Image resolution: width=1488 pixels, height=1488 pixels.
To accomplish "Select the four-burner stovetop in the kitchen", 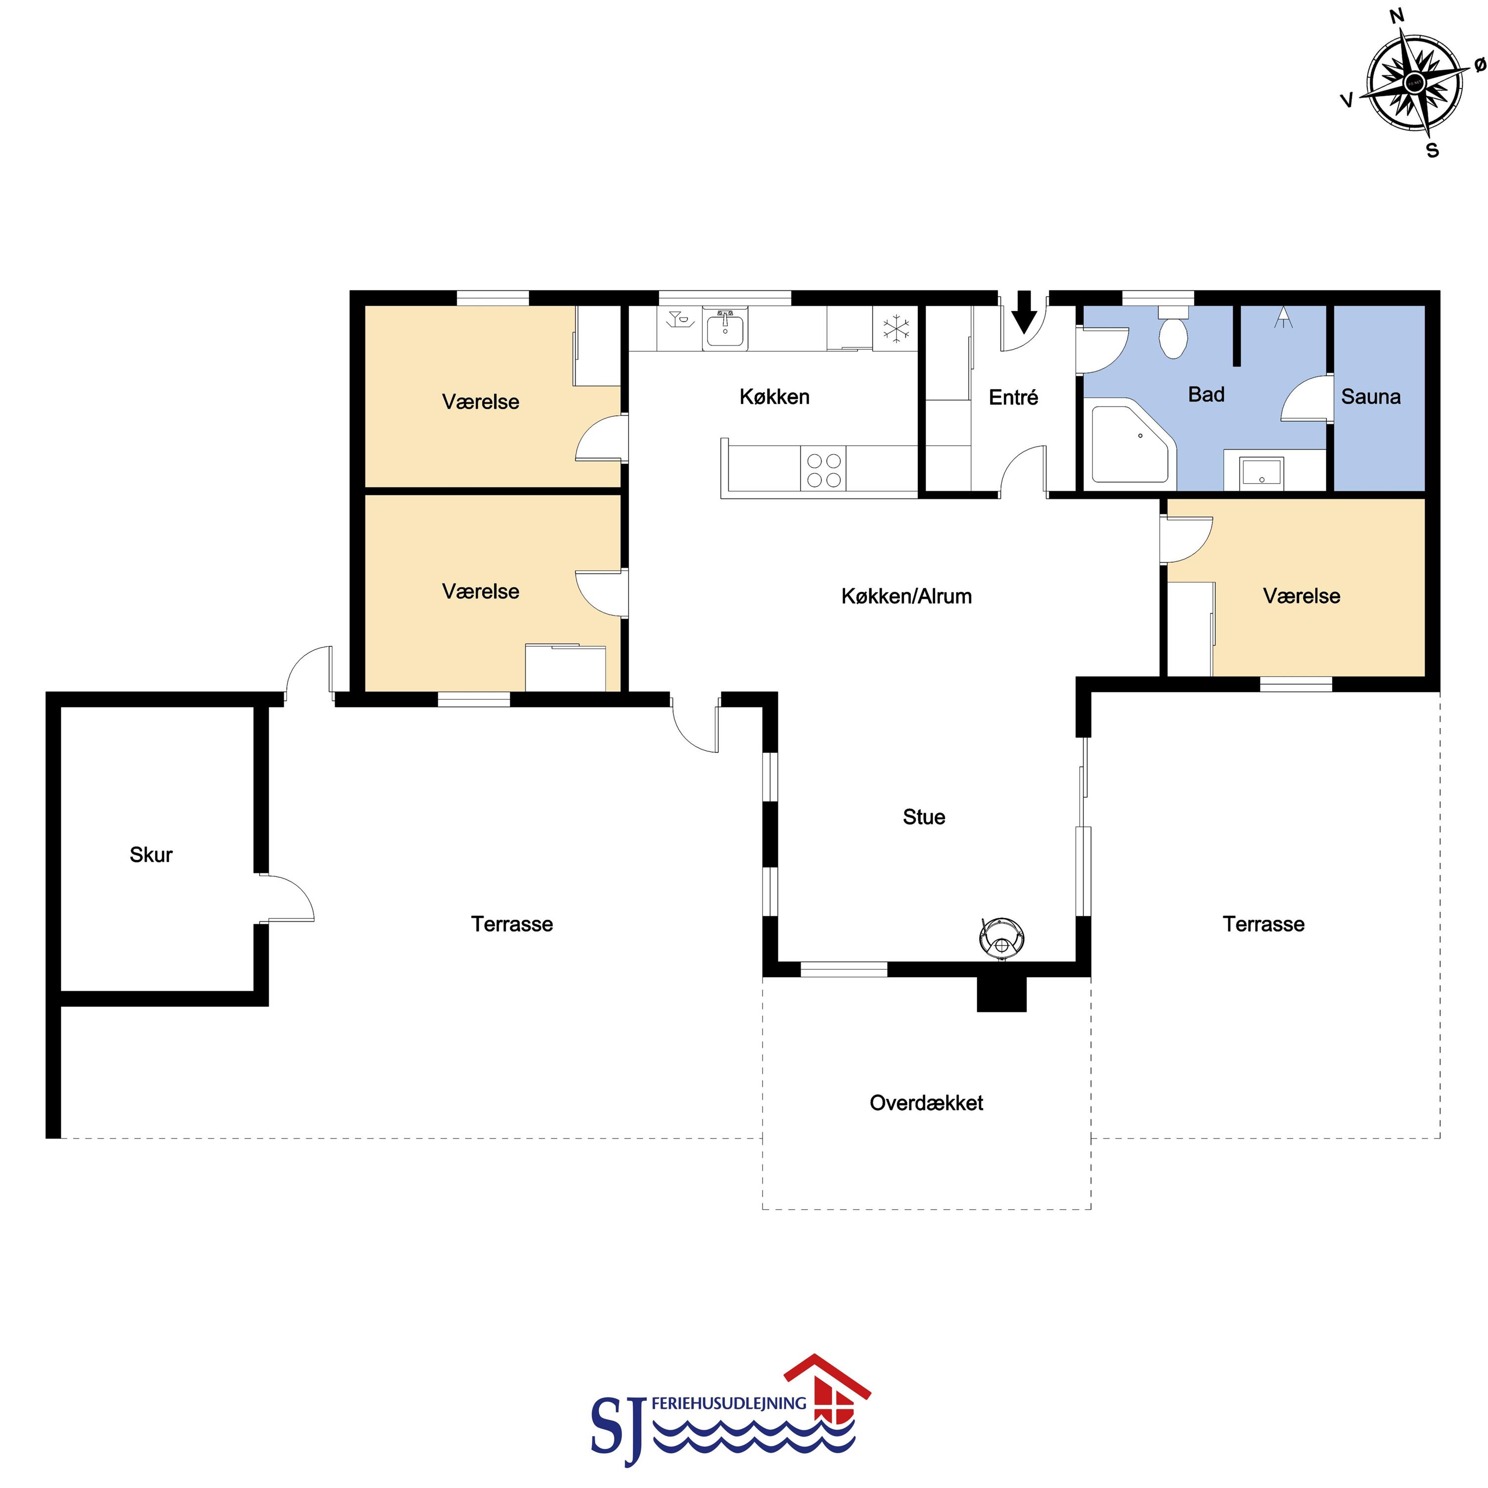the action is [x=823, y=470].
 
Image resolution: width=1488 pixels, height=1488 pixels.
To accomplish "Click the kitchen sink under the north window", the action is [x=725, y=330].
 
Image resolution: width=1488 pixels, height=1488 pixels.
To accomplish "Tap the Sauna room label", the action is [x=1371, y=397].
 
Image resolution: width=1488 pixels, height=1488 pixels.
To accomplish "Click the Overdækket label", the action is [x=926, y=1103].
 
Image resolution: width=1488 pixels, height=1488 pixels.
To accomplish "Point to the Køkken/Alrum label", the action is [x=906, y=596].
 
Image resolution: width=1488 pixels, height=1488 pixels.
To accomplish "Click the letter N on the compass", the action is [x=1397, y=15].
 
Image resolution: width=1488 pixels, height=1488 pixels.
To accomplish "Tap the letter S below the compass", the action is [x=1433, y=151].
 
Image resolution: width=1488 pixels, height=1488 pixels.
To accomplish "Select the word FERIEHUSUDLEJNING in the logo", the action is [x=728, y=1403].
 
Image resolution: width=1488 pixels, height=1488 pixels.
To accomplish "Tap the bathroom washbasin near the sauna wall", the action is [x=1262, y=471].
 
